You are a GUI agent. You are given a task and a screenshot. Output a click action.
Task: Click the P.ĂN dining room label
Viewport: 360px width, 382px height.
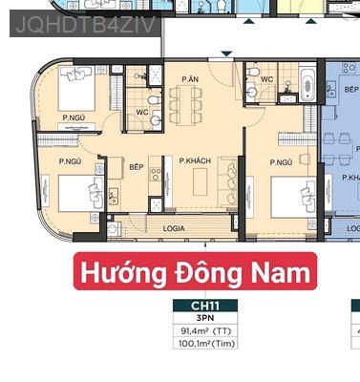(x=189, y=78)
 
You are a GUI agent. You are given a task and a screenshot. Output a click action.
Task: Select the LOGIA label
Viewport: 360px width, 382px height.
(x=174, y=228)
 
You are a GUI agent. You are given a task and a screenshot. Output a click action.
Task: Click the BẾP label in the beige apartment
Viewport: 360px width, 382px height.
(x=136, y=166)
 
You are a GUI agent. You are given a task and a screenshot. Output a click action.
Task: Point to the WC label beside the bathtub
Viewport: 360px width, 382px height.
(x=268, y=79)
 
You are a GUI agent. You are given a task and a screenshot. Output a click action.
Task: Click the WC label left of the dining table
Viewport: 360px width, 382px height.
(x=141, y=112)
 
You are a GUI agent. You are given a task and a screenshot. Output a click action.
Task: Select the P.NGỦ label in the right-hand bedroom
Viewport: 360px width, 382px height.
(x=281, y=162)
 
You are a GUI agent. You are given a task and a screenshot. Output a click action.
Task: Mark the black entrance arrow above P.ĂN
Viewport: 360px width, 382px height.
(x=225, y=57)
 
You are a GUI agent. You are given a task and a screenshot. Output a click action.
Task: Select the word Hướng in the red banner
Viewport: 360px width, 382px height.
(x=113, y=273)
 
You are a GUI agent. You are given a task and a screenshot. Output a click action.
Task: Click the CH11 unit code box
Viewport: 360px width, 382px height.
(x=203, y=306)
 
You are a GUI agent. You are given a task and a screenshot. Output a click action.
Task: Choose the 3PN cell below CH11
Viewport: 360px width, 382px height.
(x=203, y=318)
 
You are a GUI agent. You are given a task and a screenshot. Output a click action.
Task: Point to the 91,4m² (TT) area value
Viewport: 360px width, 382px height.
(x=203, y=330)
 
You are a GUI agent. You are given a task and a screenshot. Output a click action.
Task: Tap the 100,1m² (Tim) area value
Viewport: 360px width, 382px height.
(x=203, y=343)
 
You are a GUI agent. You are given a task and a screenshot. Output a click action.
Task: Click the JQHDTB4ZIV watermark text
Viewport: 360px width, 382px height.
(x=84, y=22)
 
